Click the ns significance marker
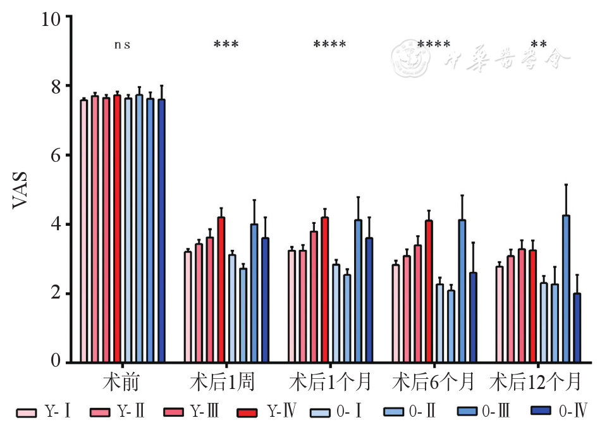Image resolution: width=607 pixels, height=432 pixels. (x=122, y=45)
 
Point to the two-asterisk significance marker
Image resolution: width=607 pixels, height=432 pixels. (x=539, y=45)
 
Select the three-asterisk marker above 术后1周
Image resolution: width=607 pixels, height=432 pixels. (x=226, y=45)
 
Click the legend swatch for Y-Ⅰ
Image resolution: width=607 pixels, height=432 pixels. (x=26, y=412)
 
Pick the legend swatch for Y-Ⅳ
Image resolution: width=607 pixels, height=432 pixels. (x=247, y=412)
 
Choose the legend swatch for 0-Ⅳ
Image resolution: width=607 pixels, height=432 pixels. (x=541, y=412)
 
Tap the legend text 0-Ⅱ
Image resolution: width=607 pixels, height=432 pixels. (x=422, y=412)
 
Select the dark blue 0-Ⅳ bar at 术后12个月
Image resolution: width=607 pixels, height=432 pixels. (x=577, y=328)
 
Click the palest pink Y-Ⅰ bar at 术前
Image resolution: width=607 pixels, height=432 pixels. (x=84, y=231)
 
